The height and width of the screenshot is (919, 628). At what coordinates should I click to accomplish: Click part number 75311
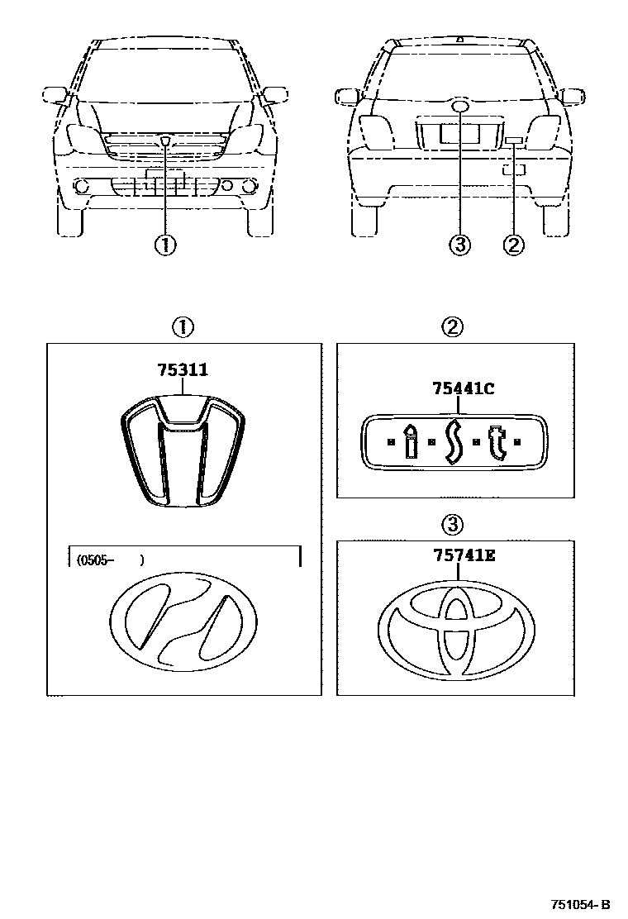click(x=183, y=370)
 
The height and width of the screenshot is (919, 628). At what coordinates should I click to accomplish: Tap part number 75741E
click(x=462, y=556)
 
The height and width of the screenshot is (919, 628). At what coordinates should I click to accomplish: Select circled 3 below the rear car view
click(x=459, y=245)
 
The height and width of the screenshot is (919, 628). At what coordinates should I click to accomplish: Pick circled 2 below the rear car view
click(x=513, y=245)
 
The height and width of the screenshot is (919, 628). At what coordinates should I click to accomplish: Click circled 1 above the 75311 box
click(x=182, y=327)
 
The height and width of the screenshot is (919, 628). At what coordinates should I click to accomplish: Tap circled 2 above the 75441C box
click(x=452, y=327)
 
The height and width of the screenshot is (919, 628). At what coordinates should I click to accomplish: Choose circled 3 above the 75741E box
click(x=452, y=524)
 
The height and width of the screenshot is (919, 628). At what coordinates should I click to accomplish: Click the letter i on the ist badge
click(x=411, y=442)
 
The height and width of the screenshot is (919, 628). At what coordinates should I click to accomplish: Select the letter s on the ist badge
click(x=452, y=443)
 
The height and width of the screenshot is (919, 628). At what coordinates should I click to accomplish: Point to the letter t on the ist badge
click(x=495, y=442)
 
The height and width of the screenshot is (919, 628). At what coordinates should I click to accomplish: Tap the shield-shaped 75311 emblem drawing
click(x=182, y=450)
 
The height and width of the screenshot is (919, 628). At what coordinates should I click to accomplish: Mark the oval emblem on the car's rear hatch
click(x=460, y=107)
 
